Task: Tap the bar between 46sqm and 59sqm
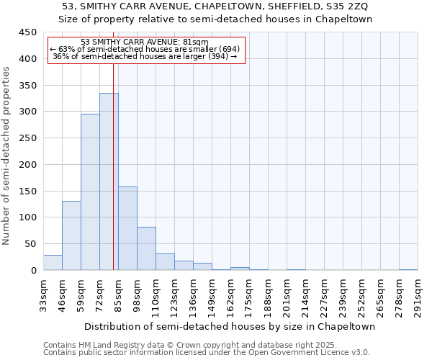pyautogui.click(x=71, y=235)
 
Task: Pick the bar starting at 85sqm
pyautogui.click(x=127, y=228)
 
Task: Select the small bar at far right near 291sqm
pyautogui.click(x=408, y=269)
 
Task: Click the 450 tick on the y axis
pyautogui.click(x=27, y=32)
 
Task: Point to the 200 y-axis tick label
pyautogui.click(x=27, y=165)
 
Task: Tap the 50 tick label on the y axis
pyautogui.click(x=30, y=244)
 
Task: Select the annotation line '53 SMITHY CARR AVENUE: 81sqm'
pyautogui.click(x=145, y=42)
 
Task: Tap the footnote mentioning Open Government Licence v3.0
pyautogui.click(x=207, y=352)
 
